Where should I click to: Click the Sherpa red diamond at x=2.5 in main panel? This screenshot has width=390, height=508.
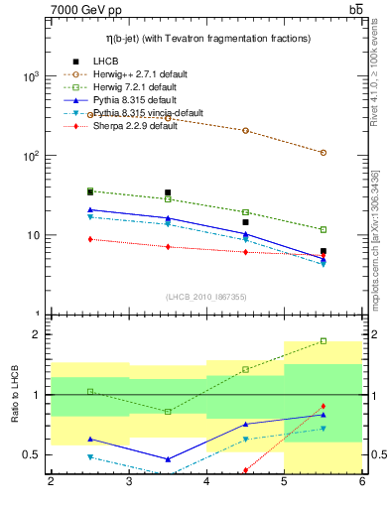click(90, 239)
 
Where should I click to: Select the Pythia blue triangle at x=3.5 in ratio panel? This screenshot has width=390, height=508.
click(168, 459)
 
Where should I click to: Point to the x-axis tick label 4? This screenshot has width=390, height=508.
click(206, 482)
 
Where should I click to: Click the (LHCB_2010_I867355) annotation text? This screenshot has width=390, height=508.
click(206, 298)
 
